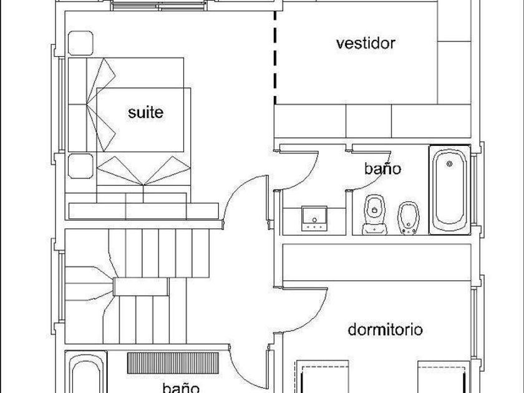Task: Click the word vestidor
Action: click(x=366, y=43)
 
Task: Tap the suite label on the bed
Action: click(x=145, y=112)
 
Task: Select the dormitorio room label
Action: click(x=385, y=329)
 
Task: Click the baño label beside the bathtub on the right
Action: click(x=382, y=168)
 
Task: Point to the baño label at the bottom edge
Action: click(x=180, y=387)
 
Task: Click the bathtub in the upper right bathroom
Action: click(x=450, y=189)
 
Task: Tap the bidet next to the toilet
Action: click(x=408, y=218)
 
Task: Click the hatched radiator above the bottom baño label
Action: click(x=173, y=362)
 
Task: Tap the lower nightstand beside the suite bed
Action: click(x=80, y=165)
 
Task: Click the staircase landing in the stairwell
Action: click(x=141, y=287)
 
